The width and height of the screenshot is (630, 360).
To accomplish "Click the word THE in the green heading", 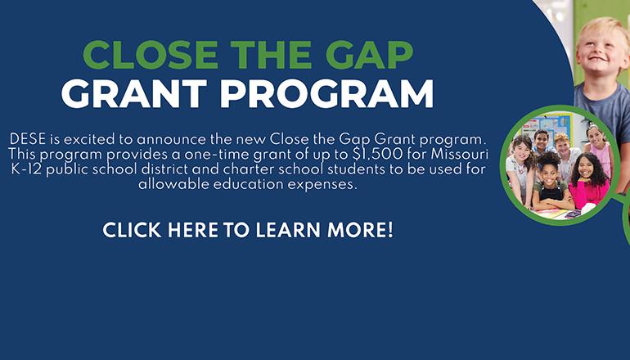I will (261, 56).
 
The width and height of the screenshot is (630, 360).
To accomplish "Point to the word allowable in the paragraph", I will (170, 185).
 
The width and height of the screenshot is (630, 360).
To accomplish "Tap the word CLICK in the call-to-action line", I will (132, 230).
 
